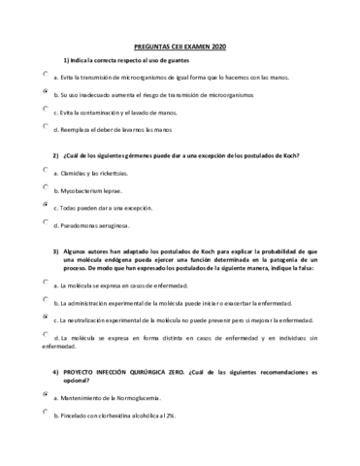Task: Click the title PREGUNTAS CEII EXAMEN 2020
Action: pos(180,46)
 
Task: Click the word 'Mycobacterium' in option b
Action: pos(88,191)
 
